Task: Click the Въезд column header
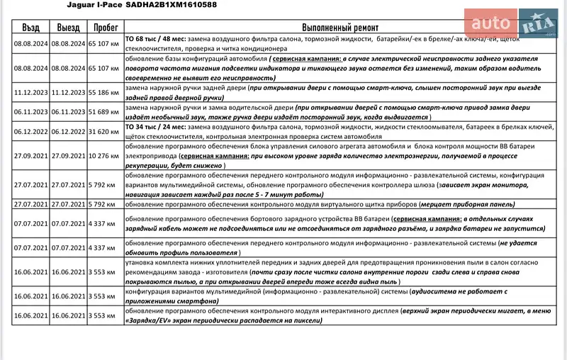click(x=30, y=26)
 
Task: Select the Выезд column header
click(x=68, y=26)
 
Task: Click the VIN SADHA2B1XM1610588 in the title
click(x=171, y=5)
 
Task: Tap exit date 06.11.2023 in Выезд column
click(x=68, y=112)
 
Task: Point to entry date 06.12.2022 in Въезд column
click(x=30, y=131)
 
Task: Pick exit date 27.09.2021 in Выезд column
click(x=68, y=154)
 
